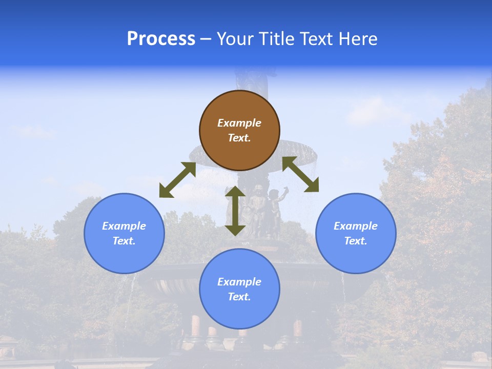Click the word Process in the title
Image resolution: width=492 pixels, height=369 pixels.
[161, 39]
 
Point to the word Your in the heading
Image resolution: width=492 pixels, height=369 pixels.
[235, 39]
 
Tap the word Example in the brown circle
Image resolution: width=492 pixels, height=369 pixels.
[239, 123]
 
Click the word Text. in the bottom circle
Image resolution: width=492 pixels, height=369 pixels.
[239, 297]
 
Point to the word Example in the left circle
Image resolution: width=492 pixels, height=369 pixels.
[124, 226]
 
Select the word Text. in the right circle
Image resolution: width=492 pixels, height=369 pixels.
[356, 241]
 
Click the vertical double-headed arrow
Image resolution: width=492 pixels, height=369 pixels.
[235, 211]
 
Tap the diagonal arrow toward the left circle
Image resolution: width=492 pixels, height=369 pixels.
[177, 180]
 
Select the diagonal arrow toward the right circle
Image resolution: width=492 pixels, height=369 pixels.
[301, 174]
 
